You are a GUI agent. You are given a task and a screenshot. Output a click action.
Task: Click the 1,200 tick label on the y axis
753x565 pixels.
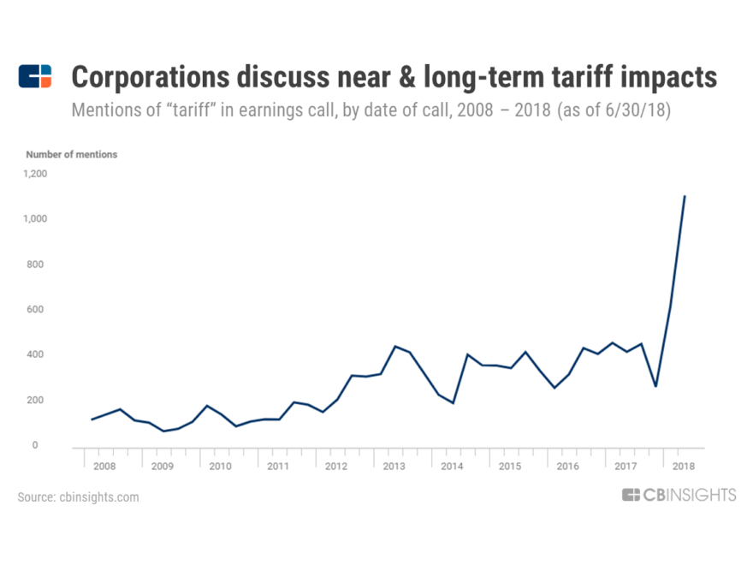click(x=35, y=174)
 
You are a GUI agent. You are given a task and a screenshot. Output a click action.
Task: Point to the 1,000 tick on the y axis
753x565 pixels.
click(x=35, y=219)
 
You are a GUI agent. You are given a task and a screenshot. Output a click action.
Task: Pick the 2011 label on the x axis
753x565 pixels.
click(x=277, y=467)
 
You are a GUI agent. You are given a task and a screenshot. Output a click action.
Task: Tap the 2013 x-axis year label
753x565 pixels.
click(x=394, y=467)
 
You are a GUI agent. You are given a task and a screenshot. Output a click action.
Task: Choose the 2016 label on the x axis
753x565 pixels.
click(x=567, y=467)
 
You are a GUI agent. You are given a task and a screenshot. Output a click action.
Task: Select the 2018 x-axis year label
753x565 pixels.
click(x=683, y=467)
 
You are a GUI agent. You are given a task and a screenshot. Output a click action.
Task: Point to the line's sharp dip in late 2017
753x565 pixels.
click(x=655, y=386)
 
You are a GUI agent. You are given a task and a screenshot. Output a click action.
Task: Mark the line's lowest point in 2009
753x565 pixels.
click(x=163, y=431)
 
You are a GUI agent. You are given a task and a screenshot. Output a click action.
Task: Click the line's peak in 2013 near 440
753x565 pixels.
click(x=394, y=346)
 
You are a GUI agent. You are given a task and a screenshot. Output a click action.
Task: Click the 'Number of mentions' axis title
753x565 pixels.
click(x=71, y=155)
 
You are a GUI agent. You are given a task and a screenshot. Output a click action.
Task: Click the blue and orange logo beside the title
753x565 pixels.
click(x=35, y=77)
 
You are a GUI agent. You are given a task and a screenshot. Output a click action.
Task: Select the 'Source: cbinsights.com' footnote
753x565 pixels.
click(x=78, y=497)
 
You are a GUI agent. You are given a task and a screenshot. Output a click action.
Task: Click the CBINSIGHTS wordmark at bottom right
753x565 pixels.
click(x=679, y=496)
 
